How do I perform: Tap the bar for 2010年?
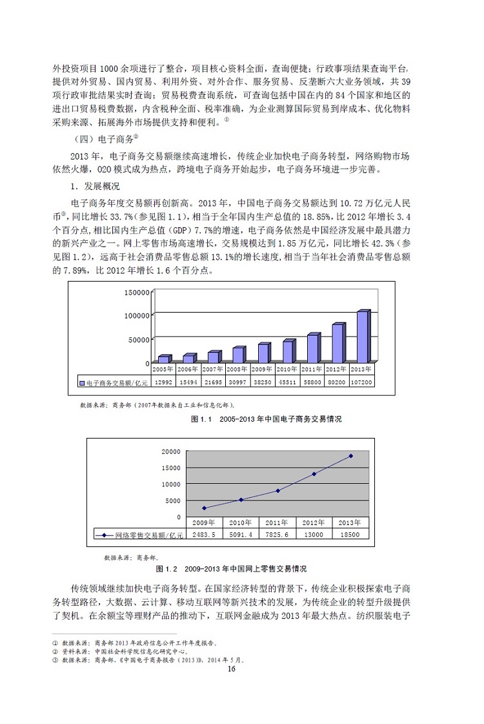coord(288,351)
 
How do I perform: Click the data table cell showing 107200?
coord(361,382)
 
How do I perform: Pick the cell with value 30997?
coord(237,382)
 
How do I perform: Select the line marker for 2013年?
coord(350,456)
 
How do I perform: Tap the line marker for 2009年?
coord(204,508)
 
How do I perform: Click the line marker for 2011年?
coord(277,491)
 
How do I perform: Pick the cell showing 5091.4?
coord(241,535)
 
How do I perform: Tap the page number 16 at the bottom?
coord(232,668)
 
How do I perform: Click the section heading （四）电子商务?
coord(107,139)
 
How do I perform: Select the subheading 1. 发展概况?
coord(94,187)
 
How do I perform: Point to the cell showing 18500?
coord(350,535)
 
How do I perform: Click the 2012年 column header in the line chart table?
coord(314,522)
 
